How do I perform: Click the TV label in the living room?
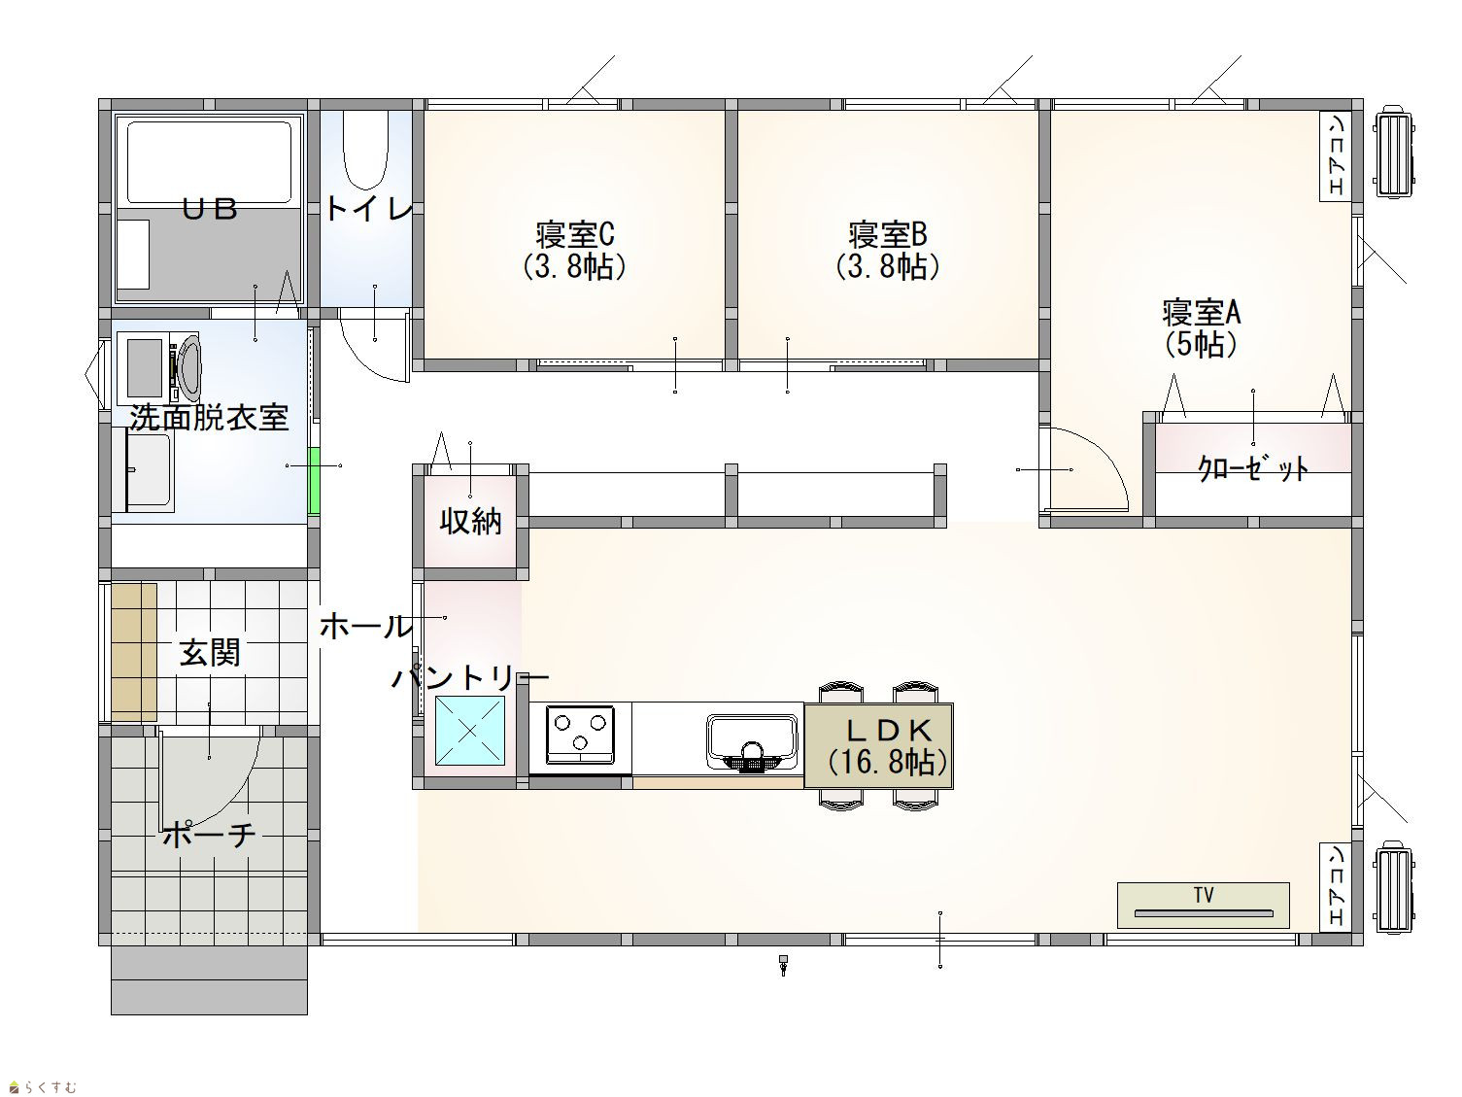tap(1204, 895)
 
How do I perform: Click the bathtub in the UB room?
tap(210, 161)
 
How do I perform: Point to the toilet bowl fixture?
tap(365, 150)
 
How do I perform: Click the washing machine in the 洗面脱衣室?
tap(160, 367)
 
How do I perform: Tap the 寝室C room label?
tap(575, 251)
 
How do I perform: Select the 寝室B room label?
tap(888, 251)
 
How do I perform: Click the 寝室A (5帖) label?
tap(1201, 328)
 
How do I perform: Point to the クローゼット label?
tap(1253, 469)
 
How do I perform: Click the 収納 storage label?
tap(470, 522)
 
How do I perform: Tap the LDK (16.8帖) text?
tap(889, 746)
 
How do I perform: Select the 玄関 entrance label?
tap(210, 653)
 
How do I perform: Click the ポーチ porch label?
tap(209, 835)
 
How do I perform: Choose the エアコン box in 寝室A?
tap(1336, 155)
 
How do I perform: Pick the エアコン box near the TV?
tap(1336, 886)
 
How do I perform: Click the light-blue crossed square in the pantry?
tap(469, 731)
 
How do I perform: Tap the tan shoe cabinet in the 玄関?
tap(134, 653)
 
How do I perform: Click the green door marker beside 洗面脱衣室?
tap(313, 481)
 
